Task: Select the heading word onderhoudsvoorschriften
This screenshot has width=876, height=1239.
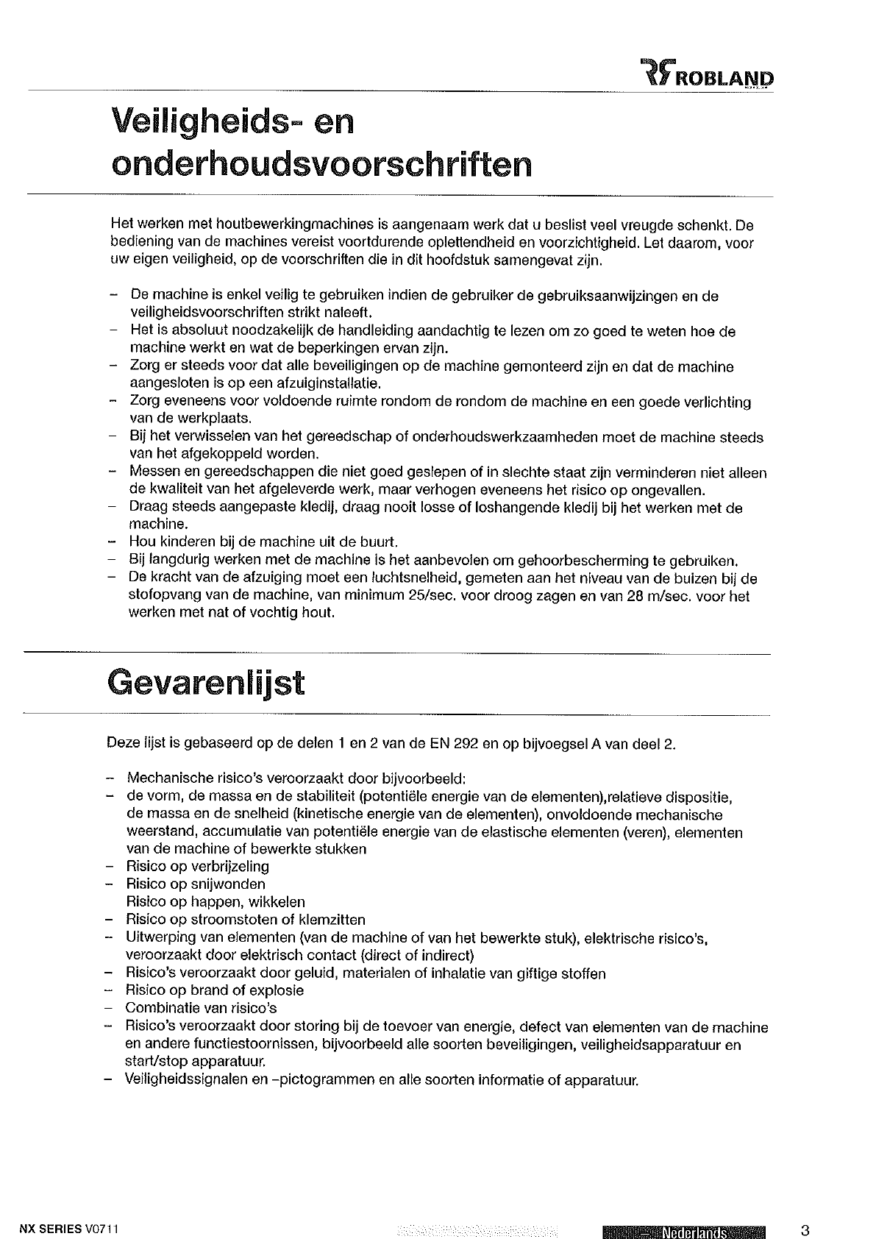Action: [319, 165]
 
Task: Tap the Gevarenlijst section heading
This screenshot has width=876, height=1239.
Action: [206, 683]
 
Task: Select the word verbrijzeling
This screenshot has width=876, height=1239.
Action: [231, 866]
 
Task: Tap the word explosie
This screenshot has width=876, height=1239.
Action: [277, 990]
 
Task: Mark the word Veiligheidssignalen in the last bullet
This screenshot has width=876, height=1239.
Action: [185, 1080]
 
